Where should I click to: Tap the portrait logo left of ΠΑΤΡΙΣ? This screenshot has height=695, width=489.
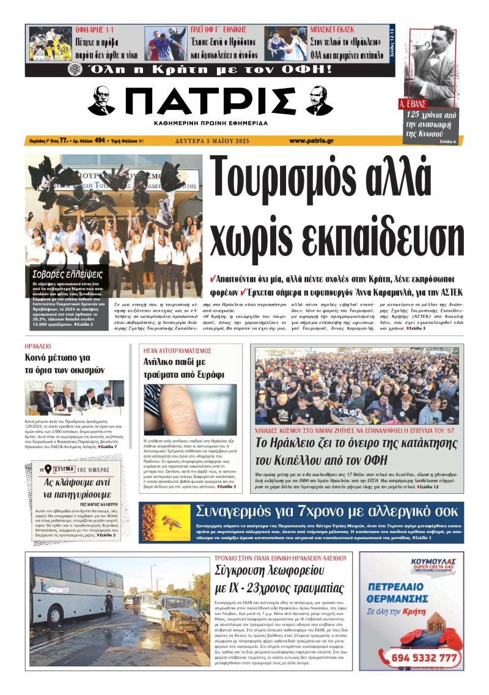coord(101,101)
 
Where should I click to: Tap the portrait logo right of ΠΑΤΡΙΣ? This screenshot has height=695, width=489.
coord(319,101)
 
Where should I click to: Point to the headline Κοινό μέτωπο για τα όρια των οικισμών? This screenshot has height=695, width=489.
coord(65,364)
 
